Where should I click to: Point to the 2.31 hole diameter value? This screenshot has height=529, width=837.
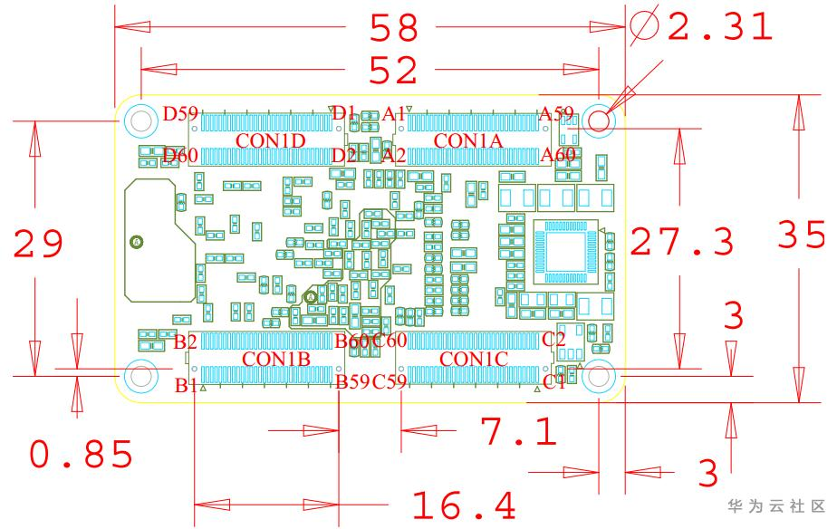(721, 27)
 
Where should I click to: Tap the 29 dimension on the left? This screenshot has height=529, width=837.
(38, 245)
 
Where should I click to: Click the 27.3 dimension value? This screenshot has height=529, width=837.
(681, 242)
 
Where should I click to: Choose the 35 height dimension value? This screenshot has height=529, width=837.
(802, 236)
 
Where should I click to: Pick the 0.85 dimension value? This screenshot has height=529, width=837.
(82, 455)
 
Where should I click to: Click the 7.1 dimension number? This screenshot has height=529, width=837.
(518, 433)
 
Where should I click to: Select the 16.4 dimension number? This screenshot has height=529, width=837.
(464, 505)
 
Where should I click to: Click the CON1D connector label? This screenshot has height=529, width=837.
(270, 140)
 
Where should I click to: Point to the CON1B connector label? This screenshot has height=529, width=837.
(276, 359)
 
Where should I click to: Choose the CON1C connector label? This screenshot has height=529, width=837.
(473, 359)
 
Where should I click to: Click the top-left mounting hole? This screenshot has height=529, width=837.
(139, 120)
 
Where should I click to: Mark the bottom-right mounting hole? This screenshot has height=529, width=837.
(599, 376)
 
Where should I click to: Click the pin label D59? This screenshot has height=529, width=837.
(179, 115)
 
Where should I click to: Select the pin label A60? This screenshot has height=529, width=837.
(558, 156)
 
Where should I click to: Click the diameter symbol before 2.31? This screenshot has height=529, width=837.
(645, 27)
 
